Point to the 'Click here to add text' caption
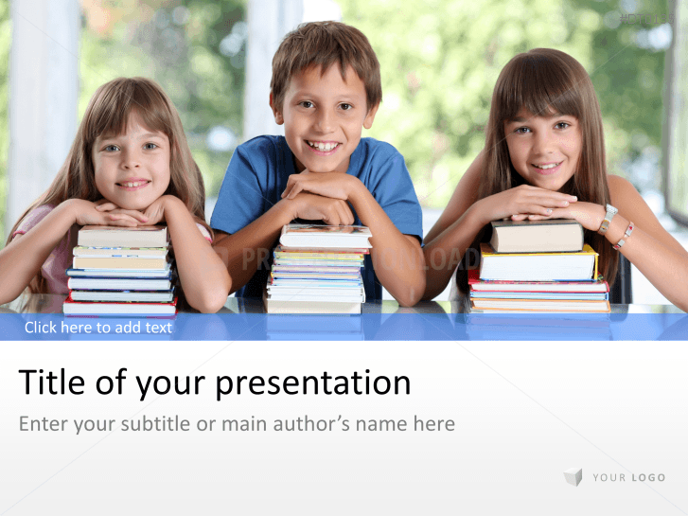pyautogui.click(x=98, y=328)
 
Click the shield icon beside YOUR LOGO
pyautogui.click(x=573, y=477)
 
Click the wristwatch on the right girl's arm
pyautogui.click(x=608, y=218)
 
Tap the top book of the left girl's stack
pyautogui.click(x=122, y=236)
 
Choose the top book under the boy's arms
pyautogui.click(x=325, y=236)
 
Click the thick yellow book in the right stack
pyautogui.click(x=538, y=264)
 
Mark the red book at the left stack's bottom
pyautogui.click(x=119, y=308)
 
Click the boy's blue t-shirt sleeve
pyautogui.click(x=397, y=185)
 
